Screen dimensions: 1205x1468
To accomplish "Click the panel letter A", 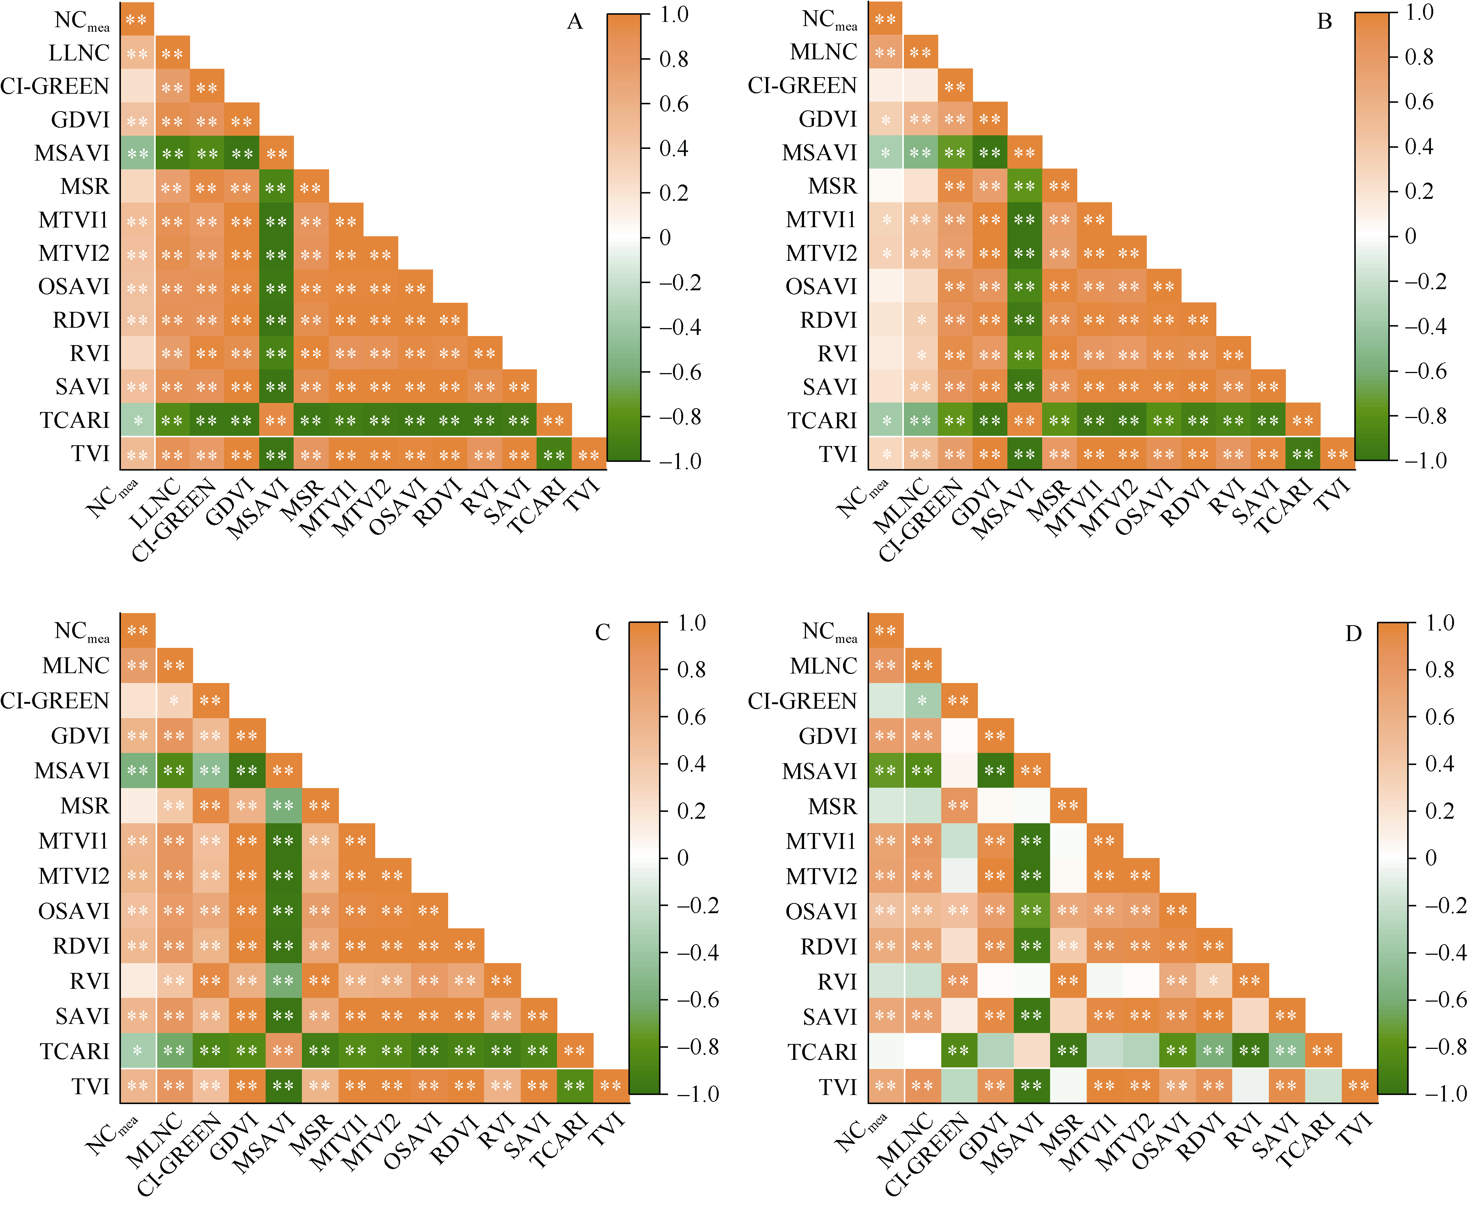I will (x=574, y=22).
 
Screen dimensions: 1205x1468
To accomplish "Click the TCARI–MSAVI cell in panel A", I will (x=276, y=420).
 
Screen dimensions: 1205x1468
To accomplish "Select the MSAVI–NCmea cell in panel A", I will (x=138, y=153).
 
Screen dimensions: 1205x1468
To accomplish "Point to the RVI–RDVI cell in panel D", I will (x=1213, y=981).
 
